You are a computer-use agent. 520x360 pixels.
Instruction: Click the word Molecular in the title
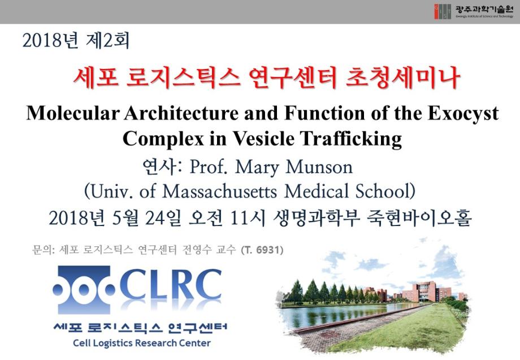72,113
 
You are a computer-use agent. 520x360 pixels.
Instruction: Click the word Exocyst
463,114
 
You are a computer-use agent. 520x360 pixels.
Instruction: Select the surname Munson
319,167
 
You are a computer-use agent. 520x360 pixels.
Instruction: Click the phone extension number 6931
268,250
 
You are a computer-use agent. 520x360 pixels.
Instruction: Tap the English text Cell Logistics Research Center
142,343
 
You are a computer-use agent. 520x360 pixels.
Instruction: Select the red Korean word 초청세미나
402,78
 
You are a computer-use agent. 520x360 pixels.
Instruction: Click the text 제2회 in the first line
107,41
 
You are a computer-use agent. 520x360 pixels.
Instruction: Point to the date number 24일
163,219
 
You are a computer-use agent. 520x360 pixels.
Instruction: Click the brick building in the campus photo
426,291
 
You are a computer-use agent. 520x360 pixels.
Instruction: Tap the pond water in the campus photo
335,315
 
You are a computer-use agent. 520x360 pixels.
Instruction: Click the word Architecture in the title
181,113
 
